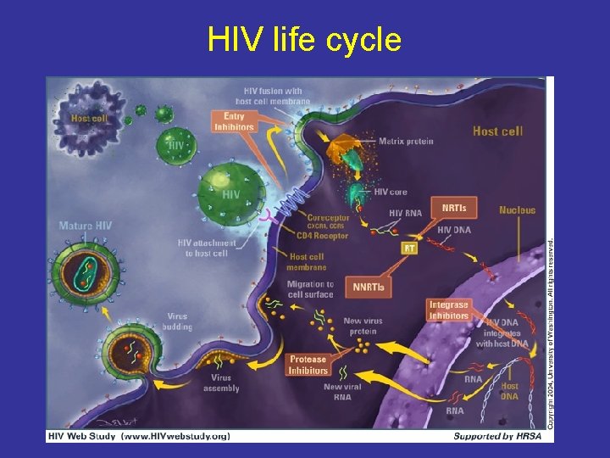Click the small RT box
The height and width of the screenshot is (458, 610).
(x=409, y=249)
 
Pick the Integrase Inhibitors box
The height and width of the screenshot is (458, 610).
(x=448, y=310)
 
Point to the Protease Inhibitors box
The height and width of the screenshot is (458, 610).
(x=308, y=365)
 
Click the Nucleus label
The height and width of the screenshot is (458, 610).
(x=517, y=209)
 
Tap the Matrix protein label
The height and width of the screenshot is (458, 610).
(x=405, y=141)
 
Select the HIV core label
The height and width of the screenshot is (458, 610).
(x=391, y=193)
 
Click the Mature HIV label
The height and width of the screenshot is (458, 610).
(x=85, y=226)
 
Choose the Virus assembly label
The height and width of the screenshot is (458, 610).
(x=221, y=383)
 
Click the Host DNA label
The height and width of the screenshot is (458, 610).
(x=510, y=391)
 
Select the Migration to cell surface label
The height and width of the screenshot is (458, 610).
(x=310, y=289)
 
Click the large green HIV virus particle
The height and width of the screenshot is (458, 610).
(x=230, y=194)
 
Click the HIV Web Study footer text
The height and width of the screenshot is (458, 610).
(x=137, y=436)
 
